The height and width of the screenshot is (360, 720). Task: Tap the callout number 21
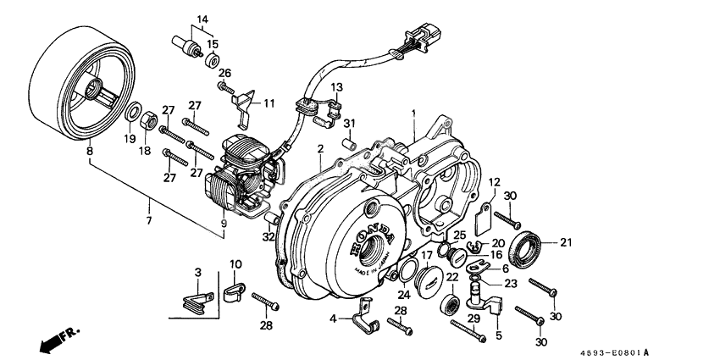pos(566,243)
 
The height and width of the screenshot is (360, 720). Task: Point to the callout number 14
pos(202,19)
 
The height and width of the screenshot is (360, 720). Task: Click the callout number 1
pos(414,113)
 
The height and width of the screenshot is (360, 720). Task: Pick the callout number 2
pos(320,150)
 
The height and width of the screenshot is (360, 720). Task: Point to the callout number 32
pos(269,238)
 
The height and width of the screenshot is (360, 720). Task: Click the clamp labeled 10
pos(235,294)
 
